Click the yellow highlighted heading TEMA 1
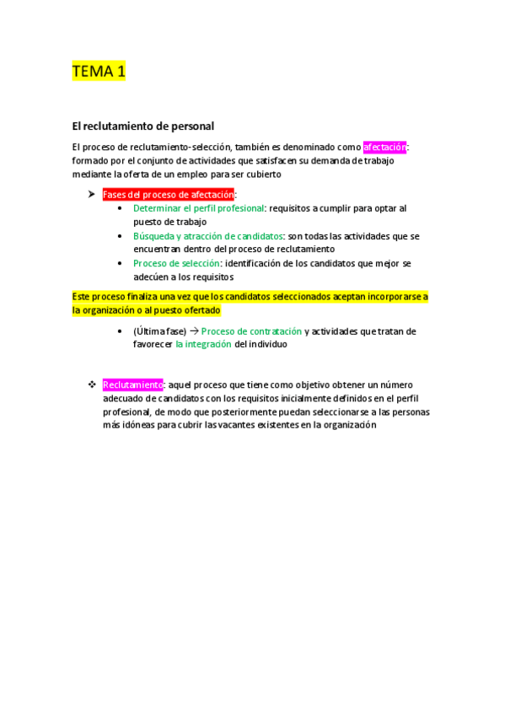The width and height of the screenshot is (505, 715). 99,72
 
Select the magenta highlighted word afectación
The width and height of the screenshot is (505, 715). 384,147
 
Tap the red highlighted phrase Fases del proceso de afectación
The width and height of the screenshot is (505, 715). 168,195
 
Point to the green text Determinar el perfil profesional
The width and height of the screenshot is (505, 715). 199,208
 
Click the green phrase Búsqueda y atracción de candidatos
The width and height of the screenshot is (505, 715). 208,236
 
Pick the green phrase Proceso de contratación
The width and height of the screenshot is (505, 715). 251,331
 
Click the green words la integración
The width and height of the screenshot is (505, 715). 203,345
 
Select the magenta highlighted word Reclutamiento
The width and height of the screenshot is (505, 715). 132,384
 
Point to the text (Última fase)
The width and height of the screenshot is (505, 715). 159,331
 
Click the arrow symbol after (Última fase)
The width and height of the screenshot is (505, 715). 193,331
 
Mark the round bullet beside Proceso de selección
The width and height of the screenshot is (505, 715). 122,264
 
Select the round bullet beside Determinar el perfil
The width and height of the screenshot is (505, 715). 122,208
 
